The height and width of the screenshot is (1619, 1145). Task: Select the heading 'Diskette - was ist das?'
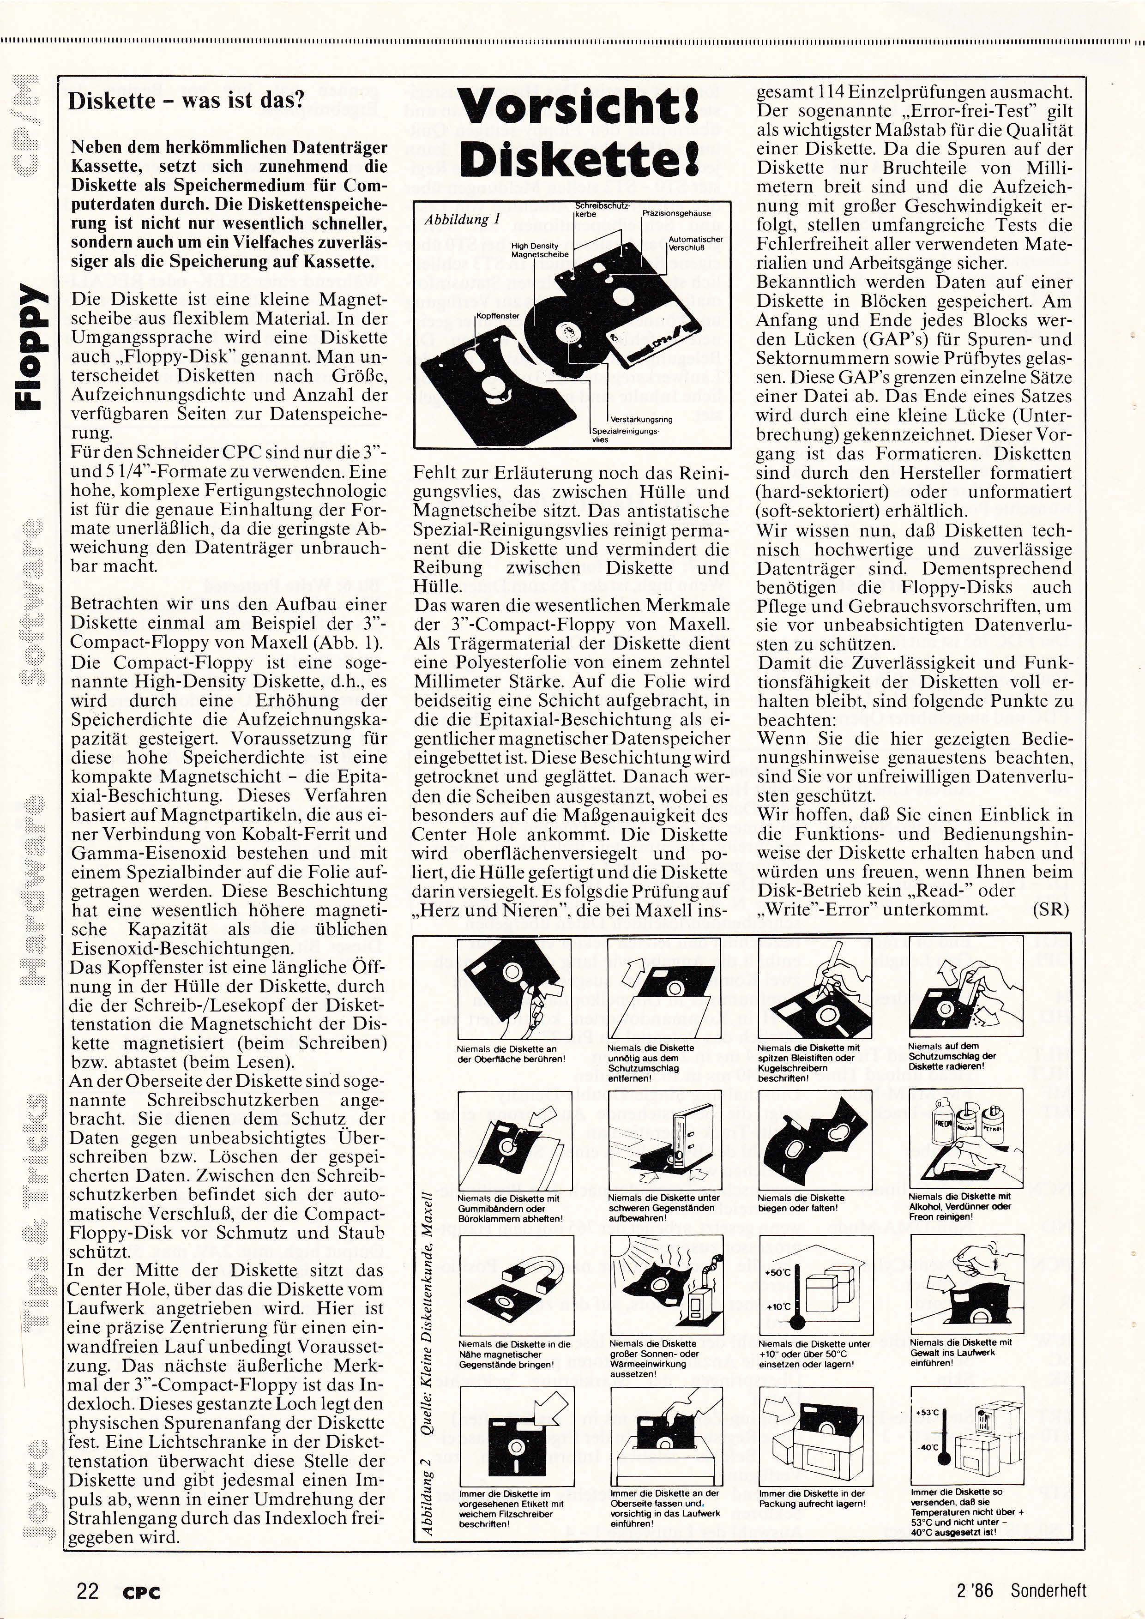point(186,101)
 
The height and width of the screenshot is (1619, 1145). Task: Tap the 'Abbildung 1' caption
point(462,219)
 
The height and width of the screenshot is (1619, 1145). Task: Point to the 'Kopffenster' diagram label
point(498,316)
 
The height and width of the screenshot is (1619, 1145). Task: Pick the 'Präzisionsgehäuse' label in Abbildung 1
point(676,213)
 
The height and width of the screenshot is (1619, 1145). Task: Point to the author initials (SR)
point(1050,909)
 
